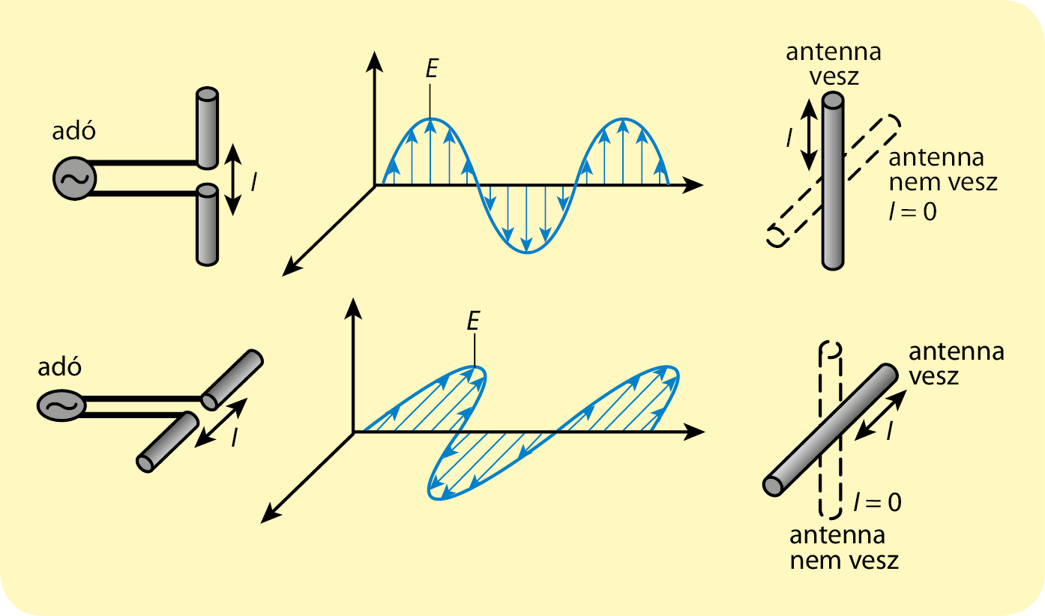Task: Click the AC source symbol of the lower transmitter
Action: pyautogui.click(x=59, y=405)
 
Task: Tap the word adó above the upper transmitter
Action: pyautogui.click(x=74, y=132)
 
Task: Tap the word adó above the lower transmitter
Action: pyautogui.click(x=59, y=368)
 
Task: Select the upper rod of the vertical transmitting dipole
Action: pyautogui.click(x=206, y=127)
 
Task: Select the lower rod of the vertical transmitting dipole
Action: pyautogui.click(x=206, y=225)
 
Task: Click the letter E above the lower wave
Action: pyautogui.click(x=472, y=321)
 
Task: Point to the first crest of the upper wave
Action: pyautogui.click(x=430, y=120)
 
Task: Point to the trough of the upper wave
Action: pyautogui.click(x=526, y=251)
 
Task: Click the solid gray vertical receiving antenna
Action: pyautogui.click(x=832, y=180)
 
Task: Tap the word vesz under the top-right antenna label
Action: pyautogui.click(x=833, y=76)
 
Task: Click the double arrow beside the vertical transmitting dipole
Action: pyautogui.click(x=234, y=180)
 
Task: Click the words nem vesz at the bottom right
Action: pyautogui.click(x=844, y=560)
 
